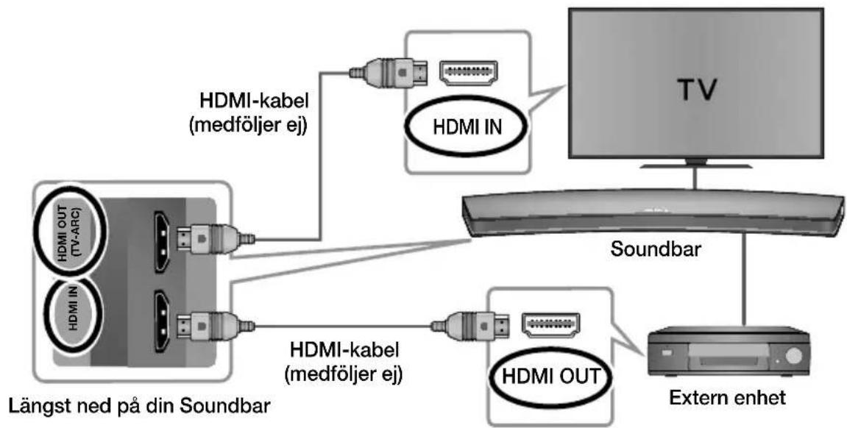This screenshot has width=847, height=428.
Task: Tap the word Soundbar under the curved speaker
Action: click(x=655, y=249)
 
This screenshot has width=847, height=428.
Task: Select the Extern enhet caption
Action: click(x=728, y=399)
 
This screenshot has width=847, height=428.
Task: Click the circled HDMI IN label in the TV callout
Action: click(x=468, y=126)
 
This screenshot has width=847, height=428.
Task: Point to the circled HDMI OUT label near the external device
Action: click(x=550, y=376)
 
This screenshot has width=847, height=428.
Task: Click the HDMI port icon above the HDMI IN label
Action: click(x=469, y=74)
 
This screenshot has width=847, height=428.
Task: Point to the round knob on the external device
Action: click(x=793, y=356)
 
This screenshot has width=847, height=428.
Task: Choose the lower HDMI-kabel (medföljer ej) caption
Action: click(x=346, y=362)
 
